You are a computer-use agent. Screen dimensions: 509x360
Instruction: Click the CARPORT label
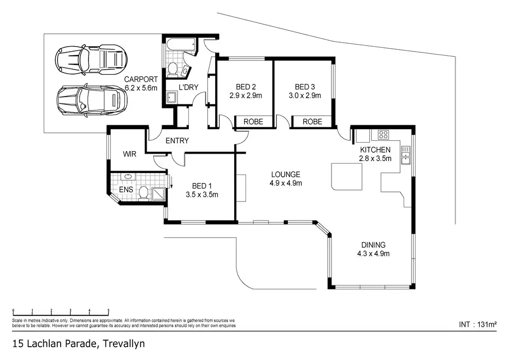tap(141, 79)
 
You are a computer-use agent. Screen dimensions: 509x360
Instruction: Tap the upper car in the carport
tap(90, 59)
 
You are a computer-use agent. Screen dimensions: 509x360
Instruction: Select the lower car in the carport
tap(91, 99)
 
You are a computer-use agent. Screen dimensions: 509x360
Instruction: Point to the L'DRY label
tap(189, 88)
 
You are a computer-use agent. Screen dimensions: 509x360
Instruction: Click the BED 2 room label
tap(246, 87)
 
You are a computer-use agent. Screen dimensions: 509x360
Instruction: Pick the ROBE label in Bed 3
tap(312, 122)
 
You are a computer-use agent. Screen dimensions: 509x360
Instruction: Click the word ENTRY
tap(177, 141)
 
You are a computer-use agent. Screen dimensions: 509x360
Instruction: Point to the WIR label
tap(130, 154)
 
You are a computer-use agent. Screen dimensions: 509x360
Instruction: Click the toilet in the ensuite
tap(144, 192)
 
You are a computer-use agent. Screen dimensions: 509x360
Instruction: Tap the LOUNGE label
tap(285, 175)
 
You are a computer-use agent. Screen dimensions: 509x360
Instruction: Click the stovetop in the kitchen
tap(383, 134)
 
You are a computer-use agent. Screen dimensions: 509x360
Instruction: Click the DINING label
tap(373, 245)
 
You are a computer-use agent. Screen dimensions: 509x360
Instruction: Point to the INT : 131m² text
tap(477, 325)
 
